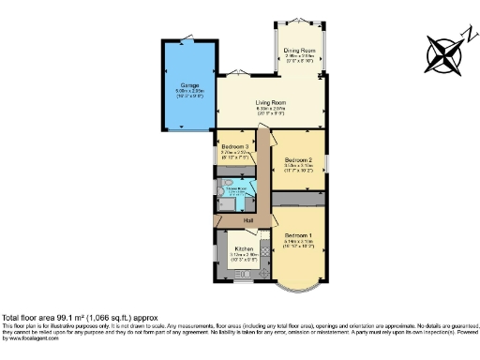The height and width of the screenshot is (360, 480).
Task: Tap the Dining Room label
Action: pos(300,50)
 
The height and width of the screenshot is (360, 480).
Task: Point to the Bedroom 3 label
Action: pos(235,147)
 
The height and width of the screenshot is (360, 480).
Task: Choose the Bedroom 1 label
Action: pos(299,233)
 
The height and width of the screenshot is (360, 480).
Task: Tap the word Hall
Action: pos(249,220)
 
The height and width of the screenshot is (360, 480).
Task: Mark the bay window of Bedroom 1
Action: pos(300,277)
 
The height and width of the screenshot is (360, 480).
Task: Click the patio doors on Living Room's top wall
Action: pos(246,79)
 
